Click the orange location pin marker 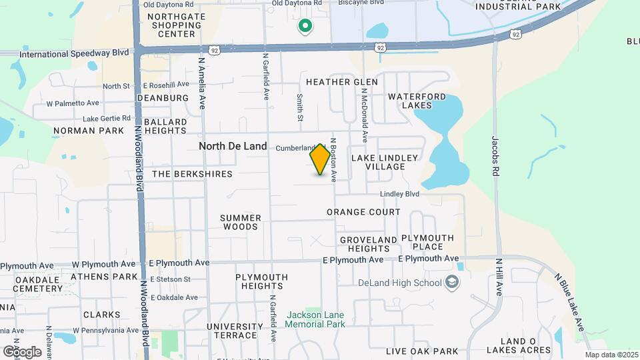[x=321, y=159]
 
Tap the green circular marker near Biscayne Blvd [x=305, y=26]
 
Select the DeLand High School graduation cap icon [x=453, y=283]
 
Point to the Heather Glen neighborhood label [x=341, y=82]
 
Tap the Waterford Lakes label [x=417, y=101]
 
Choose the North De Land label [x=233, y=146]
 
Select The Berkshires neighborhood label [x=193, y=174]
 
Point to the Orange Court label [x=363, y=212]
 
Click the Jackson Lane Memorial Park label [x=315, y=319]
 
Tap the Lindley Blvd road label [x=399, y=194]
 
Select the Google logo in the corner [x=22, y=351]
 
